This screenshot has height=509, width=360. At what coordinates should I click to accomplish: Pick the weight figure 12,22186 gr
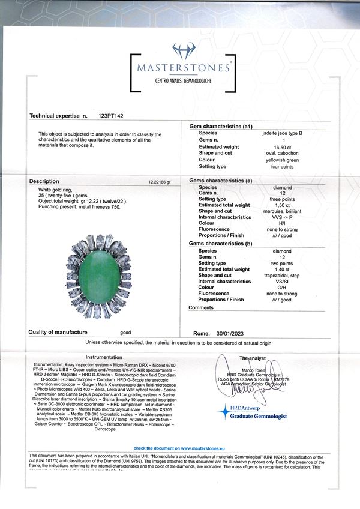click(x=159, y=181)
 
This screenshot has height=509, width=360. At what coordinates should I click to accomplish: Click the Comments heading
click(x=200, y=307)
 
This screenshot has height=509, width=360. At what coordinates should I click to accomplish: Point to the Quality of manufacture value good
click(x=125, y=332)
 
